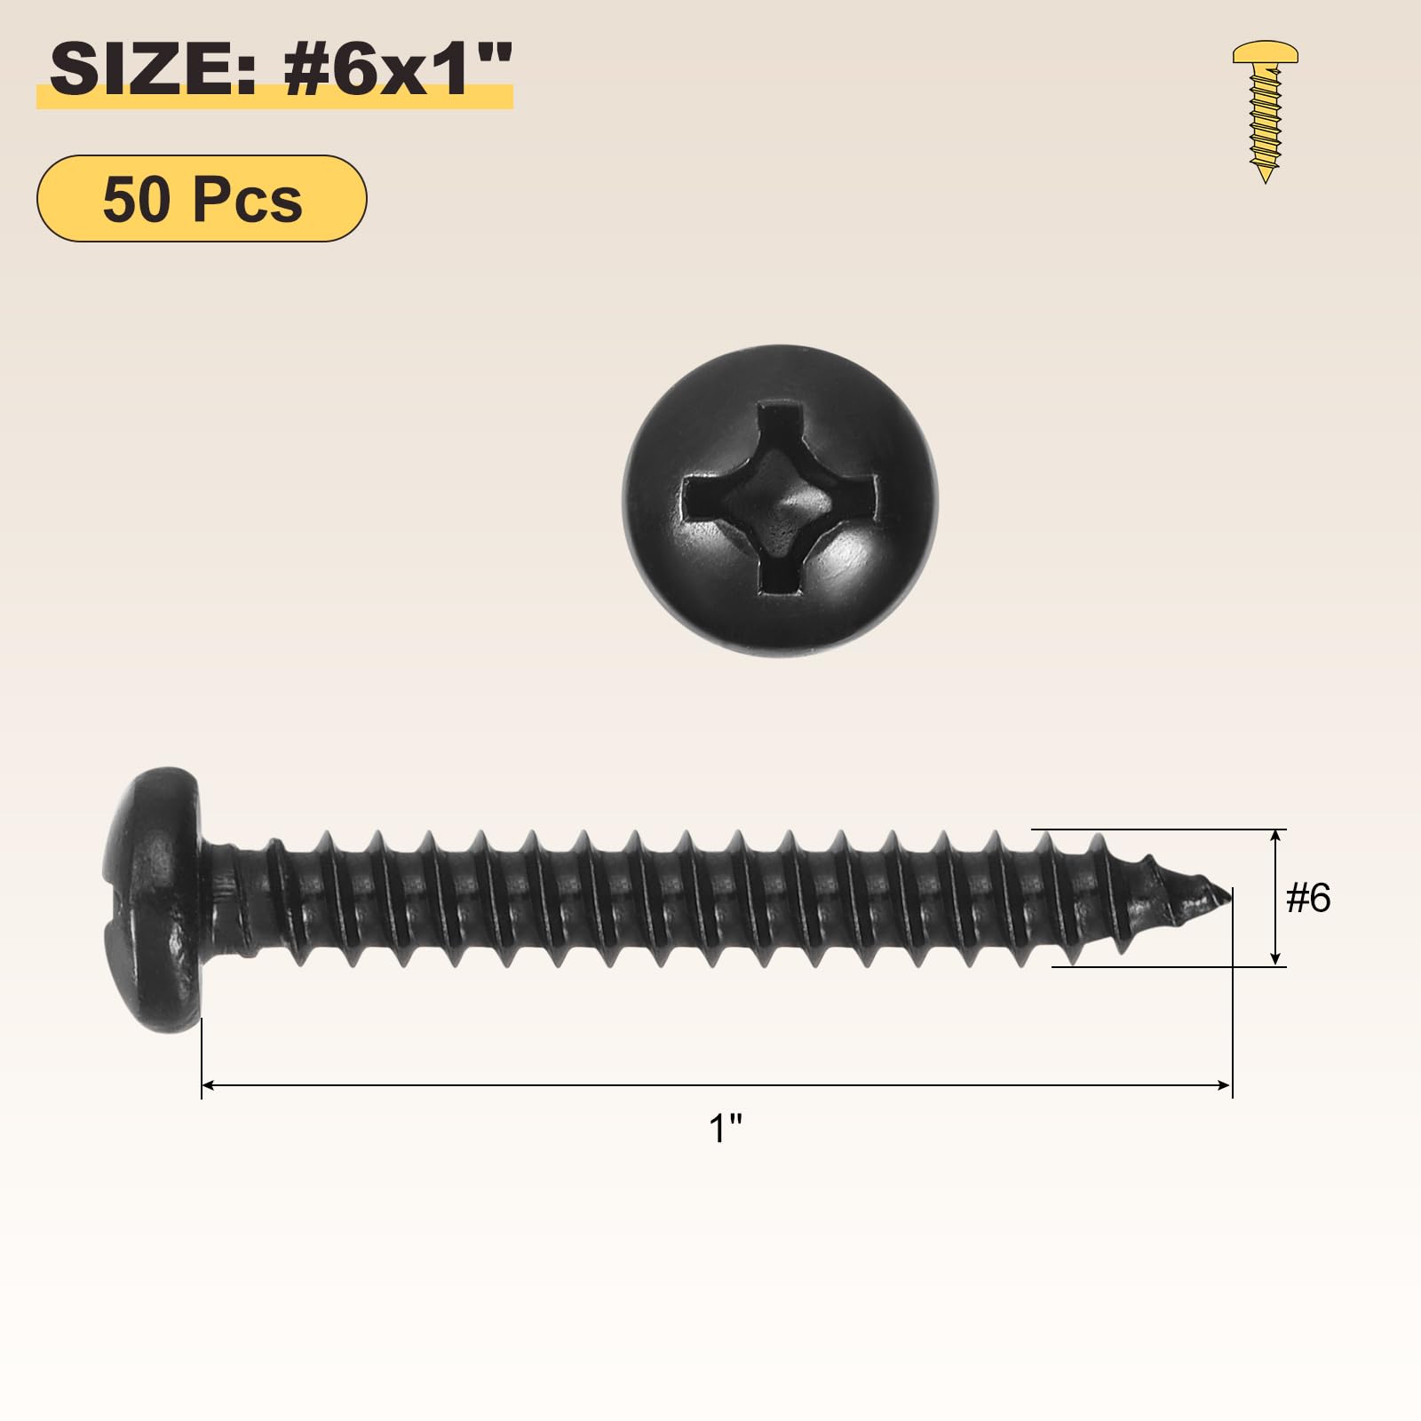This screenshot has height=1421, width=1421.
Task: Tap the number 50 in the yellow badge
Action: click(138, 199)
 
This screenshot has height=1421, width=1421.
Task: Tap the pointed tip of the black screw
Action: click(1231, 893)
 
